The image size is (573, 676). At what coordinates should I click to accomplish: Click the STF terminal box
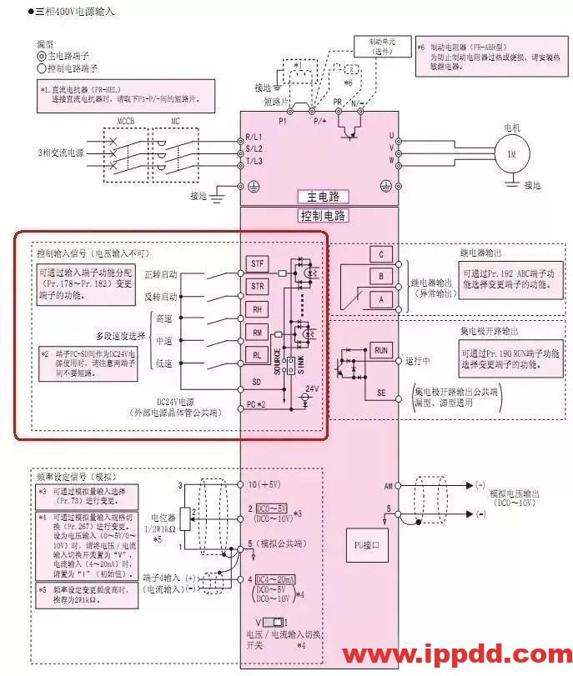(x=258, y=264)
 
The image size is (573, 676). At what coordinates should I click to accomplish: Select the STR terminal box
(x=258, y=287)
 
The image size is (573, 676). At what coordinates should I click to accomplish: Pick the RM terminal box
(x=258, y=333)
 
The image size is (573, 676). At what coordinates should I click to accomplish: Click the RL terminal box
(x=258, y=354)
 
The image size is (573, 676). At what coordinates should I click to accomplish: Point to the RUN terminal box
(x=382, y=349)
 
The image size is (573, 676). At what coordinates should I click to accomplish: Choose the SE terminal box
(x=382, y=392)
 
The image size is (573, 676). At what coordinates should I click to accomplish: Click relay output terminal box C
(x=380, y=254)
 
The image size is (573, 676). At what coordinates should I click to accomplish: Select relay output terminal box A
(x=380, y=298)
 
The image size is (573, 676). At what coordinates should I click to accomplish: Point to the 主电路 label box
(x=323, y=197)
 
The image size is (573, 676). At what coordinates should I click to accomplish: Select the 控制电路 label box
(x=323, y=216)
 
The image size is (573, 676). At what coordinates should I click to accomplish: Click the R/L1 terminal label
(x=254, y=136)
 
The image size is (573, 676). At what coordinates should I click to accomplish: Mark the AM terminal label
(x=388, y=484)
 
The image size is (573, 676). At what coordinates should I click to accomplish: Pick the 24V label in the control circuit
(x=312, y=388)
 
